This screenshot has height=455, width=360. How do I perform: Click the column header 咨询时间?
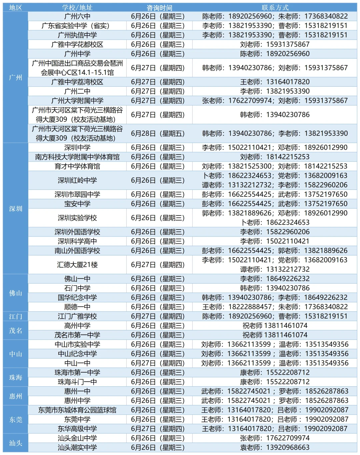pyautogui.click(x=159, y=7)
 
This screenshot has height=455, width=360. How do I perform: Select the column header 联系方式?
pyautogui.click(x=275, y=7)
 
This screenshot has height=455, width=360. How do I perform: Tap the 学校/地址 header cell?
pyautogui.click(x=77, y=7)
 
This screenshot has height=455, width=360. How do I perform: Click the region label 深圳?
pyautogui.click(x=16, y=209)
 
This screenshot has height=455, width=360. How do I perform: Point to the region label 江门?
pyautogui.click(x=16, y=316)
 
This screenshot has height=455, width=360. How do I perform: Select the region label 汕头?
pyautogui.click(x=16, y=443)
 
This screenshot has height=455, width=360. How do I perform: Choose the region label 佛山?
pyautogui.click(x=16, y=293)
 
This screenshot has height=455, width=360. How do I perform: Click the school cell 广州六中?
pyautogui.click(x=77, y=16)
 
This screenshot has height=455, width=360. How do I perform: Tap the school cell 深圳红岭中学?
pyautogui.click(x=77, y=180)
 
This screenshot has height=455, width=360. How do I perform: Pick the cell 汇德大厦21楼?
pyautogui.click(x=77, y=265)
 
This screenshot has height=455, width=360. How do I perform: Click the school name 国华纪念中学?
pyautogui.click(x=77, y=298)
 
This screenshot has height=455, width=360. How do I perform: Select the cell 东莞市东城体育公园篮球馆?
pyautogui.click(x=77, y=410)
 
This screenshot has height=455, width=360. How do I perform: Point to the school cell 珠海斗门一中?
pyautogui.click(x=77, y=382)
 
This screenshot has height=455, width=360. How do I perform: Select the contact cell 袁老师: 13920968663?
pyautogui.click(x=275, y=447)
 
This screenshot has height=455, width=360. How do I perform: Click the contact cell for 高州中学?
pyautogui.click(x=275, y=326)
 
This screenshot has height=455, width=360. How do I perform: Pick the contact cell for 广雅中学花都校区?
pyautogui.click(x=275, y=44)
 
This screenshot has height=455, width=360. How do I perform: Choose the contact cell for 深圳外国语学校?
pyautogui.click(x=275, y=232)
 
